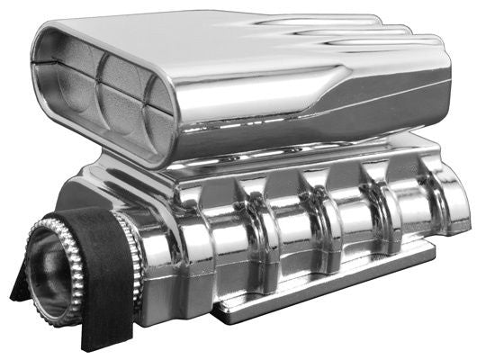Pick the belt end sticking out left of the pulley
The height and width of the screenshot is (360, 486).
[19, 288]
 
